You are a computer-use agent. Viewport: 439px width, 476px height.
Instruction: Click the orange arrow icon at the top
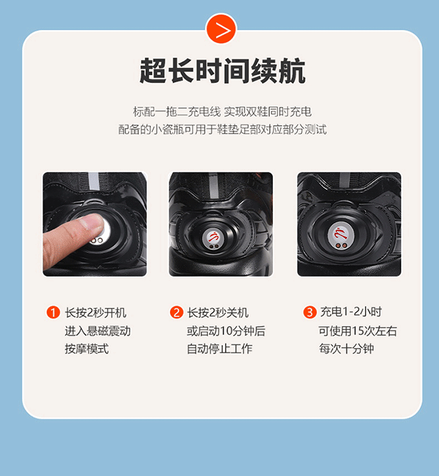(221, 29)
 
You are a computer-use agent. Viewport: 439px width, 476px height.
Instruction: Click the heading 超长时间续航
(222, 71)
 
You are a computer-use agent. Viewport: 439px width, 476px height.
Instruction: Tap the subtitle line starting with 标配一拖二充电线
(222, 112)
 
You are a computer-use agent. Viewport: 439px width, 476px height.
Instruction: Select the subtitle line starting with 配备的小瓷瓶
(222, 129)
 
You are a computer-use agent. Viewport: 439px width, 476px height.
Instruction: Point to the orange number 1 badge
(54, 312)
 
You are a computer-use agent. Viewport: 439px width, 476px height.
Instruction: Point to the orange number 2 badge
(176, 312)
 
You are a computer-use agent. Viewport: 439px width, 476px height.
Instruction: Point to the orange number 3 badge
(310, 312)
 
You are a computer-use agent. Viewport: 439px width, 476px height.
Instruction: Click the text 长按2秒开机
(95, 313)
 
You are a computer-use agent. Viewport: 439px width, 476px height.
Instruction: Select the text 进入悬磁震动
(97, 331)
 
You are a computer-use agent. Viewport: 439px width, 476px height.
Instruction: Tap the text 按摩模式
(86, 349)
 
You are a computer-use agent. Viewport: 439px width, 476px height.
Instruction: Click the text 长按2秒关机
(218, 313)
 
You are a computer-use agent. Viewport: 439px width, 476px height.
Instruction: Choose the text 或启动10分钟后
(226, 331)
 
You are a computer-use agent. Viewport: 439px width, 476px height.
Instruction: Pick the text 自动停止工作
(219, 349)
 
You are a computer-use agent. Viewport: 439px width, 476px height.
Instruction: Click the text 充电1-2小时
(351, 312)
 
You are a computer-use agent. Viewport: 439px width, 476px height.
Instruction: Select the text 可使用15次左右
(358, 331)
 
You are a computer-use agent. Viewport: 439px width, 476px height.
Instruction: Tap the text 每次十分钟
(346, 349)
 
